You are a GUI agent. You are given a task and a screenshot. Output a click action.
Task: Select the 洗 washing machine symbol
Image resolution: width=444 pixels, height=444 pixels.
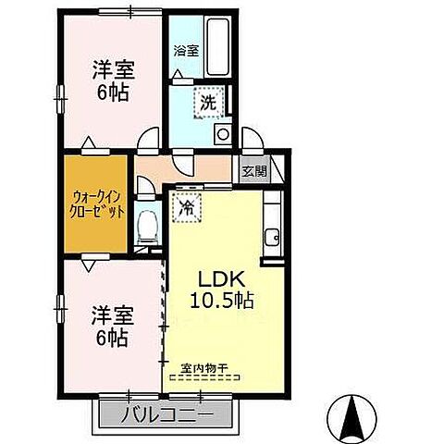(x=209, y=103)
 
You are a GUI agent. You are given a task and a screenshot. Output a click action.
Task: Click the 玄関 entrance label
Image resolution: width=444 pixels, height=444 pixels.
(x=254, y=170)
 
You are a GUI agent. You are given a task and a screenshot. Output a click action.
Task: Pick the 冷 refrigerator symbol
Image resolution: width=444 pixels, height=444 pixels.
(x=186, y=207)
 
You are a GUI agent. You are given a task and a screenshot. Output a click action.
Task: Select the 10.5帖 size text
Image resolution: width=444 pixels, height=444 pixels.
(x=222, y=301)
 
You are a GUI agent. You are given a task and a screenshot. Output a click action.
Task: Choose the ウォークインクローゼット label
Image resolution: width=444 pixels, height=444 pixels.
(x=95, y=203)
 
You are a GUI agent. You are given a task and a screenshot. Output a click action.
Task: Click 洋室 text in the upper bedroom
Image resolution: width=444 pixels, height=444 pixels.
(x=112, y=68)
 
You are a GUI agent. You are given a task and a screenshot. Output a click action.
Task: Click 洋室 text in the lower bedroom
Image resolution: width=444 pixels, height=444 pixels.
(x=112, y=314)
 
